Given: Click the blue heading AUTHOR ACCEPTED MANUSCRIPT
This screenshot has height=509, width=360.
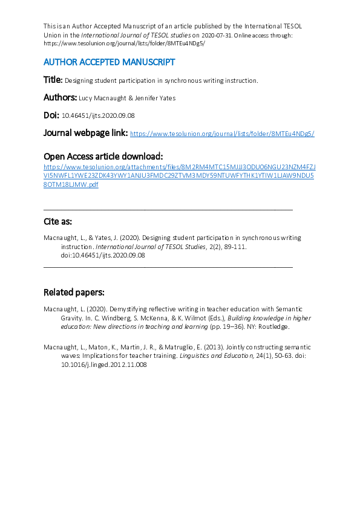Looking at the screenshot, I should click(x=109, y=62).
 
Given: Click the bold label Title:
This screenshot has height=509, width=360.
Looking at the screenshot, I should click(x=53, y=80).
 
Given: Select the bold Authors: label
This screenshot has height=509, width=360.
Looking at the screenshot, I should click(x=60, y=97).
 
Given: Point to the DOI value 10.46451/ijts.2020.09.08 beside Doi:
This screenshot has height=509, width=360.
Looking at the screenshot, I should click(x=98, y=115).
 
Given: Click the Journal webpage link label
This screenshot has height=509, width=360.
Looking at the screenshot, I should click(x=85, y=133).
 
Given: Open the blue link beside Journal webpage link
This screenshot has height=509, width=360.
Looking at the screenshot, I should click(x=222, y=134).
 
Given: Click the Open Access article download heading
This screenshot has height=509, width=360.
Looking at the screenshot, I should click(x=103, y=156).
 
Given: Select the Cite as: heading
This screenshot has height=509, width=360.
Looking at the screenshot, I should click(x=57, y=221).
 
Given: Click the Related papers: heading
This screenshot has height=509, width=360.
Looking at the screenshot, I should click(x=74, y=293).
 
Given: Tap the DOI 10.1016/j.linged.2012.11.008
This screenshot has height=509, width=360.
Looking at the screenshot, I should click(x=103, y=365).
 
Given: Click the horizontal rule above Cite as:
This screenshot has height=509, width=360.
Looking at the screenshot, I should click(x=168, y=209).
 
